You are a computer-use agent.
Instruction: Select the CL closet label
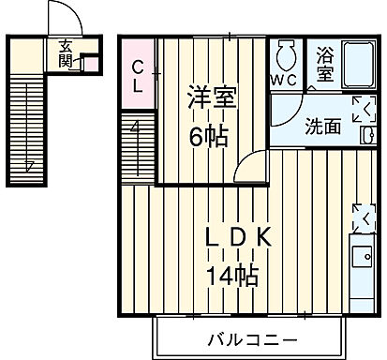click(137, 72)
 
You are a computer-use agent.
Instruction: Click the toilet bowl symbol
click(285, 55)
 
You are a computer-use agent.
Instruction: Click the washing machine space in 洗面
click(362, 110)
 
